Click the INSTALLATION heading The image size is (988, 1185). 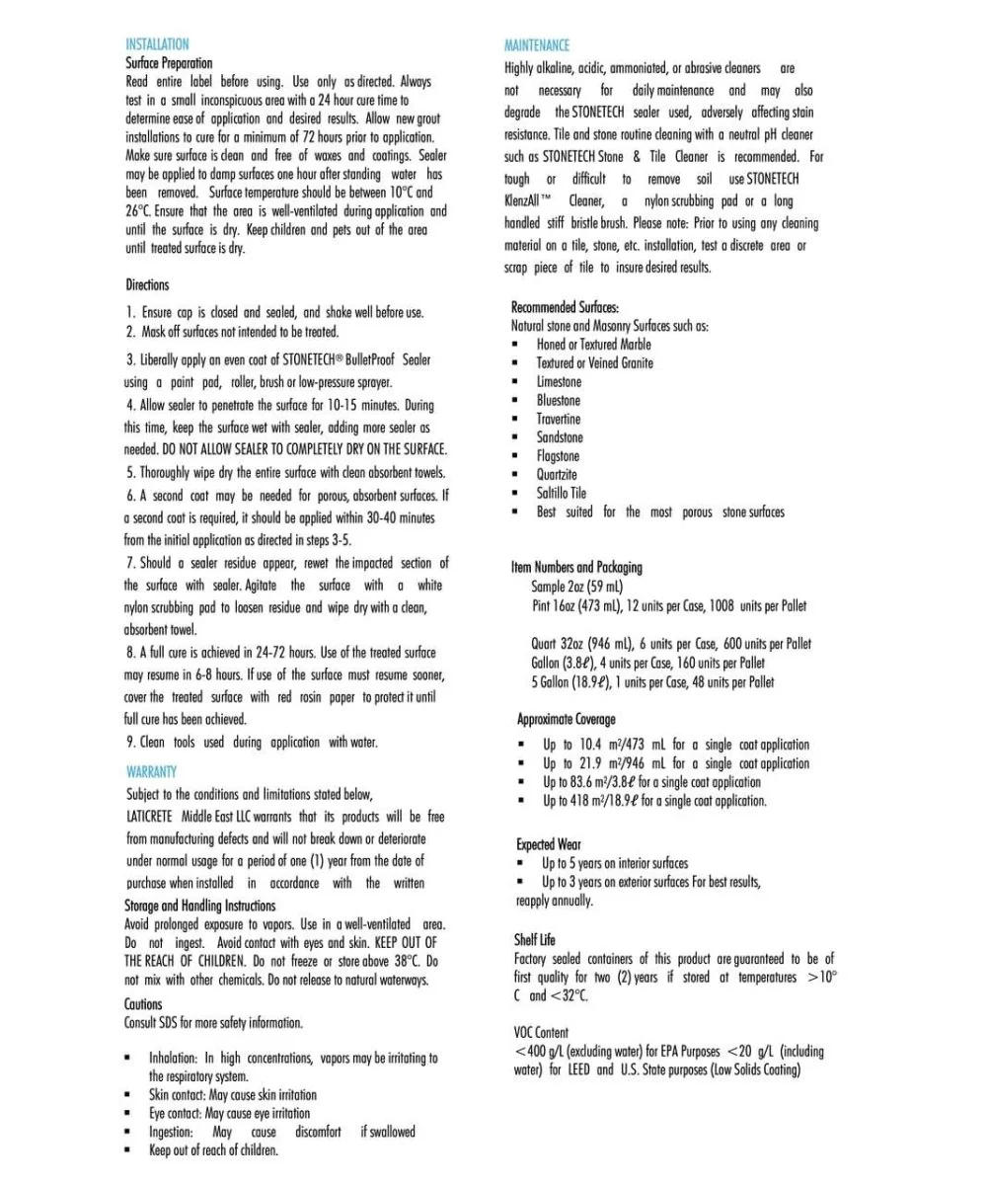click(x=157, y=44)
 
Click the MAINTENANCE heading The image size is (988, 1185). click(x=536, y=45)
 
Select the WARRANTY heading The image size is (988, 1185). click(x=151, y=771)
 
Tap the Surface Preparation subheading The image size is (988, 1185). click(x=169, y=63)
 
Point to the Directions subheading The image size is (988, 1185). click(x=147, y=284)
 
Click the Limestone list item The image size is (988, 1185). click(x=559, y=381)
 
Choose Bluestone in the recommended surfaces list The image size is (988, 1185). click(x=559, y=400)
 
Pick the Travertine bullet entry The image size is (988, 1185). click(x=559, y=419)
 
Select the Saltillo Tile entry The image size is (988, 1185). click(x=562, y=493)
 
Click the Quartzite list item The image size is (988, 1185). click(x=558, y=474)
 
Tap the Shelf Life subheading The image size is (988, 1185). click(x=534, y=939)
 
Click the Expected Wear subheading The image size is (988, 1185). click(x=549, y=844)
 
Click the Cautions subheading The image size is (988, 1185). click(x=143, y=1004)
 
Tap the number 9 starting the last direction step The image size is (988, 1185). click(x=130, y=742)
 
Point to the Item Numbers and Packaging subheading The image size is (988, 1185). click(x=576, y=567)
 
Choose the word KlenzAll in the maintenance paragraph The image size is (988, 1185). click(x=526, y=200)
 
